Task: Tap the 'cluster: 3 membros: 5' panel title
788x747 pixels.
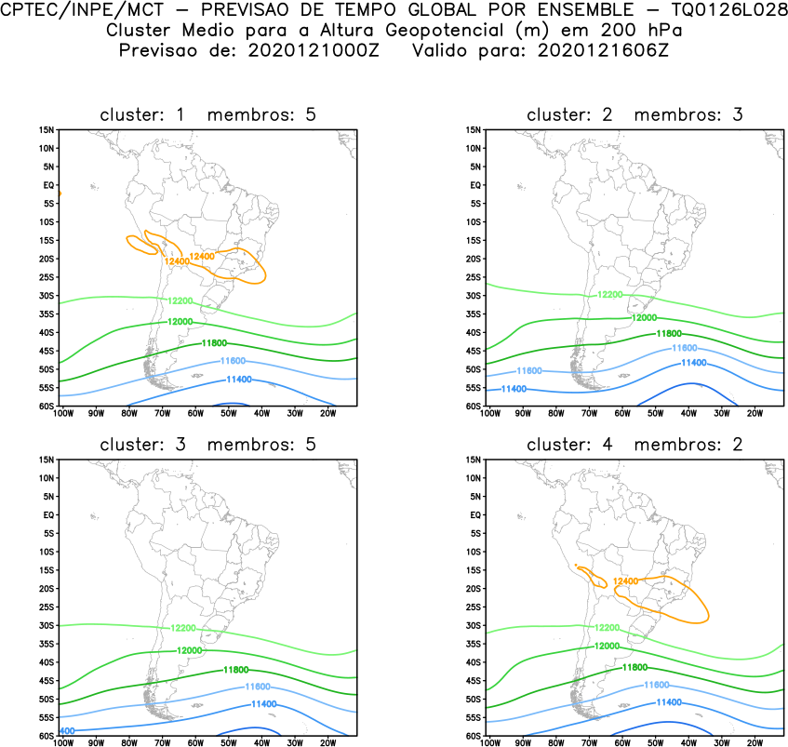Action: (x=208, y=445)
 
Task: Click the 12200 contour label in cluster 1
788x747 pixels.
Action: (x=180, y=300)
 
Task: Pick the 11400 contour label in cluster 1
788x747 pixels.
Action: (x=239, y=380)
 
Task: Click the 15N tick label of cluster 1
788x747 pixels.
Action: (x=47, y=129)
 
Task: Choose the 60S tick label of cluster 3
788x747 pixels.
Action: (x=47, y=736)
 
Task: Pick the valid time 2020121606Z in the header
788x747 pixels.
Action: (x=602, y=50)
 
